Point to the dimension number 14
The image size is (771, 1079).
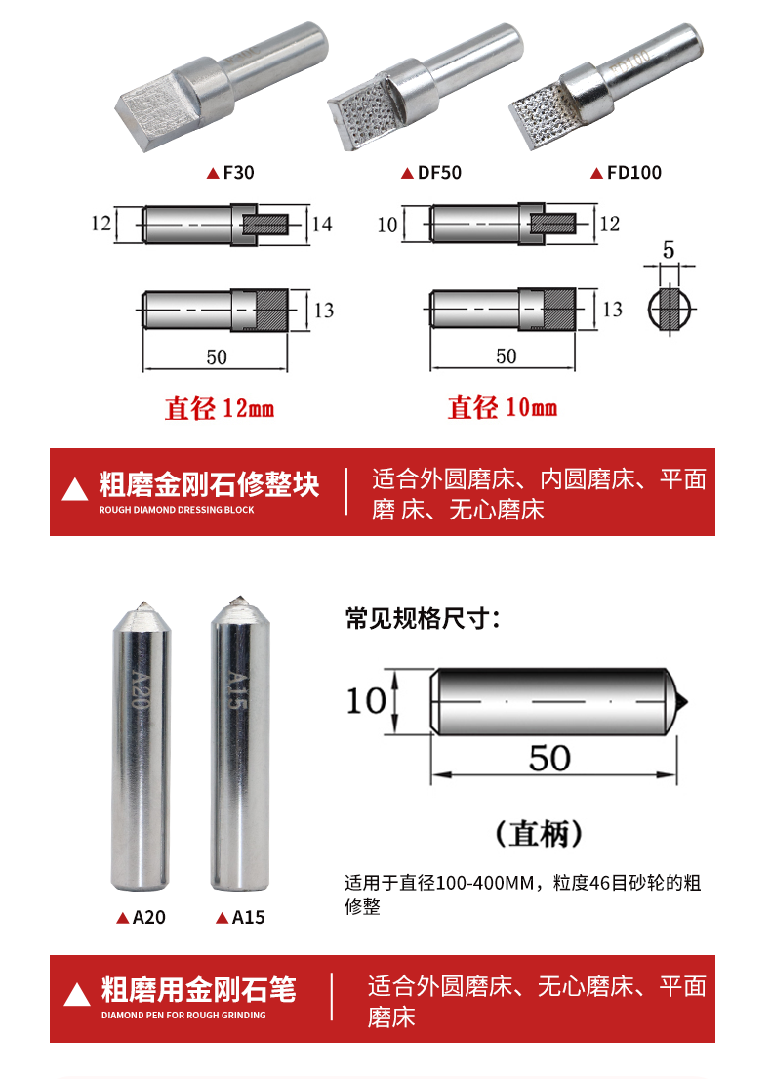[322, 224]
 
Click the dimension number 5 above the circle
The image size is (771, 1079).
[669, 249]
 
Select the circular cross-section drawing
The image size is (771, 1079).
[669, 309]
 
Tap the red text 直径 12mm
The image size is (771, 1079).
[220, 408]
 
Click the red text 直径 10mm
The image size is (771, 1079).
[502, 407]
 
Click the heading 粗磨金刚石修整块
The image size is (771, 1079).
[209, 484]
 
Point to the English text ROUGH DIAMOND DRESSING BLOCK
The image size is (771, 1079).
[176, 510]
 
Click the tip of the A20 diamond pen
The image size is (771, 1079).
[143, 604]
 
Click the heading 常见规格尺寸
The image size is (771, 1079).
[422, 619]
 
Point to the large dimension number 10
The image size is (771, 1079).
[367, 701]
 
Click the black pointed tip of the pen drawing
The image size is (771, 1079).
[682, 702]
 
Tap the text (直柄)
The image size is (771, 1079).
[540, 833]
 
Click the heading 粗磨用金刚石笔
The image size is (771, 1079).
[199, 989]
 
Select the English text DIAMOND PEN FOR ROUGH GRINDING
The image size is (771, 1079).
[183, 1015]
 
